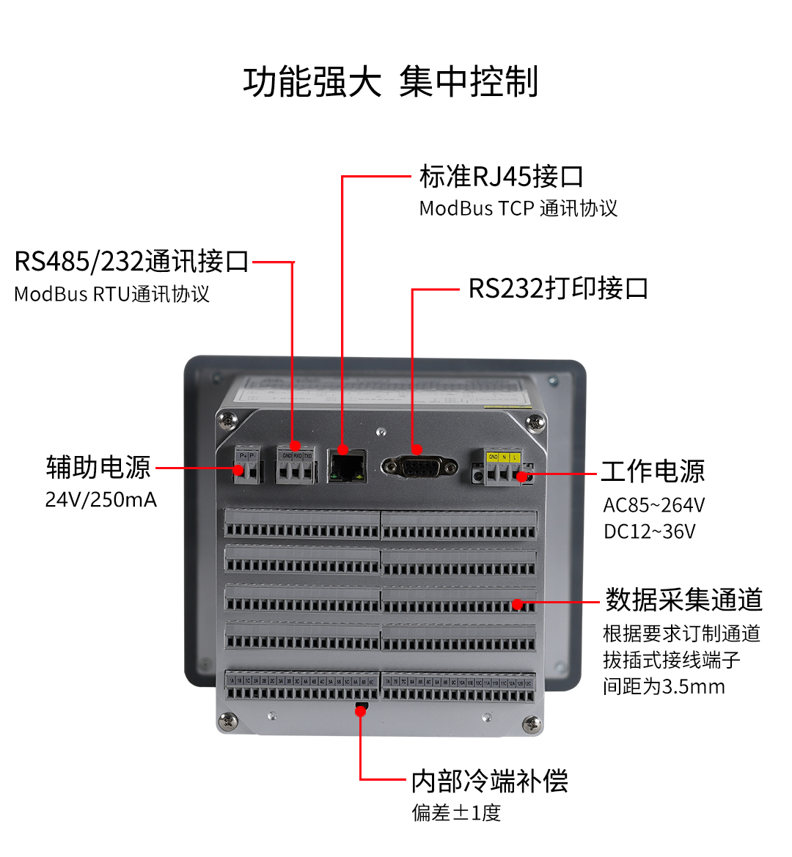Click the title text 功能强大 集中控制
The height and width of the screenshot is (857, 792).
tap(391, 81)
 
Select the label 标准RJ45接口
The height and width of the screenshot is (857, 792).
tap(502, 177)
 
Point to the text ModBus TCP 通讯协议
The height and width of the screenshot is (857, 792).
tap(518, 209)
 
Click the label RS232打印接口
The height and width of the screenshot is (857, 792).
tap(558, 288)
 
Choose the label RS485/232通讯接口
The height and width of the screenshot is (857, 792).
tap(132, 262)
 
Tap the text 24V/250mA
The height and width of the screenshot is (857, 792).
tap(101, 500)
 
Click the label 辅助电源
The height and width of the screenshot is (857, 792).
tap(98, 467)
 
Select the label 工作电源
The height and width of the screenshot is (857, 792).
tap(653, 471)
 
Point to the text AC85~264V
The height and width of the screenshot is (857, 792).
tap(653, 505)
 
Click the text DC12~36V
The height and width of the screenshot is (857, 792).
tap(649, 532)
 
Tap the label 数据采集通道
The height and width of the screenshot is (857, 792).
tap(683, 600)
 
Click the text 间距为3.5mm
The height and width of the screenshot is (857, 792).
tap(664, 687)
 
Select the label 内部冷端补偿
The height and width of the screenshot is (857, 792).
tap(490, 781)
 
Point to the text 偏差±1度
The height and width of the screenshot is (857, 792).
tap(456, 813)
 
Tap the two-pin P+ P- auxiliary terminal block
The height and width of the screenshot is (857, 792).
tap(248, 466)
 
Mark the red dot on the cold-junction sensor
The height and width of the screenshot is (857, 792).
tap(360, 710)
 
